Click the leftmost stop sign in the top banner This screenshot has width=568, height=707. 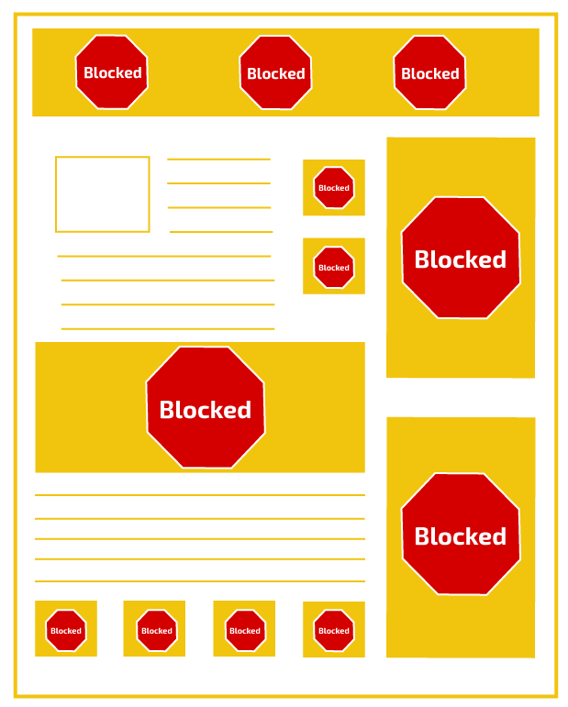point(111,72)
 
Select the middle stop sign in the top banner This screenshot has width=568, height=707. point(275,72)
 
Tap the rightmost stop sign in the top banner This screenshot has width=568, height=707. point(429,72)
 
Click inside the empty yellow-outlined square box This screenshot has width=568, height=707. point(102,194)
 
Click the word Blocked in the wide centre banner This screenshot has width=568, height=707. point(206,410)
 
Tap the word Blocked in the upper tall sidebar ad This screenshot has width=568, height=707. point(461,260)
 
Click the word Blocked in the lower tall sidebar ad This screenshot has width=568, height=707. point(461,536)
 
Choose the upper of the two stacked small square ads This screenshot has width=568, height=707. point(334,188)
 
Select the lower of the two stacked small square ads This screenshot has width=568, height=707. point(334,266)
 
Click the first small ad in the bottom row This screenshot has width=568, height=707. point(66,629)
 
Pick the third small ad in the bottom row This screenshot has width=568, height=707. point(244,629)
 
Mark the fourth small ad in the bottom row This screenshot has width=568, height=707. point(334,629)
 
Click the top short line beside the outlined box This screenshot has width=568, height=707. point(218,159)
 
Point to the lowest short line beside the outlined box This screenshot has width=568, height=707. point(221,232)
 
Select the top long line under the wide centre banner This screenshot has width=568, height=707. point(200,495)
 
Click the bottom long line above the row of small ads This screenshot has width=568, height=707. point(200,581)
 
